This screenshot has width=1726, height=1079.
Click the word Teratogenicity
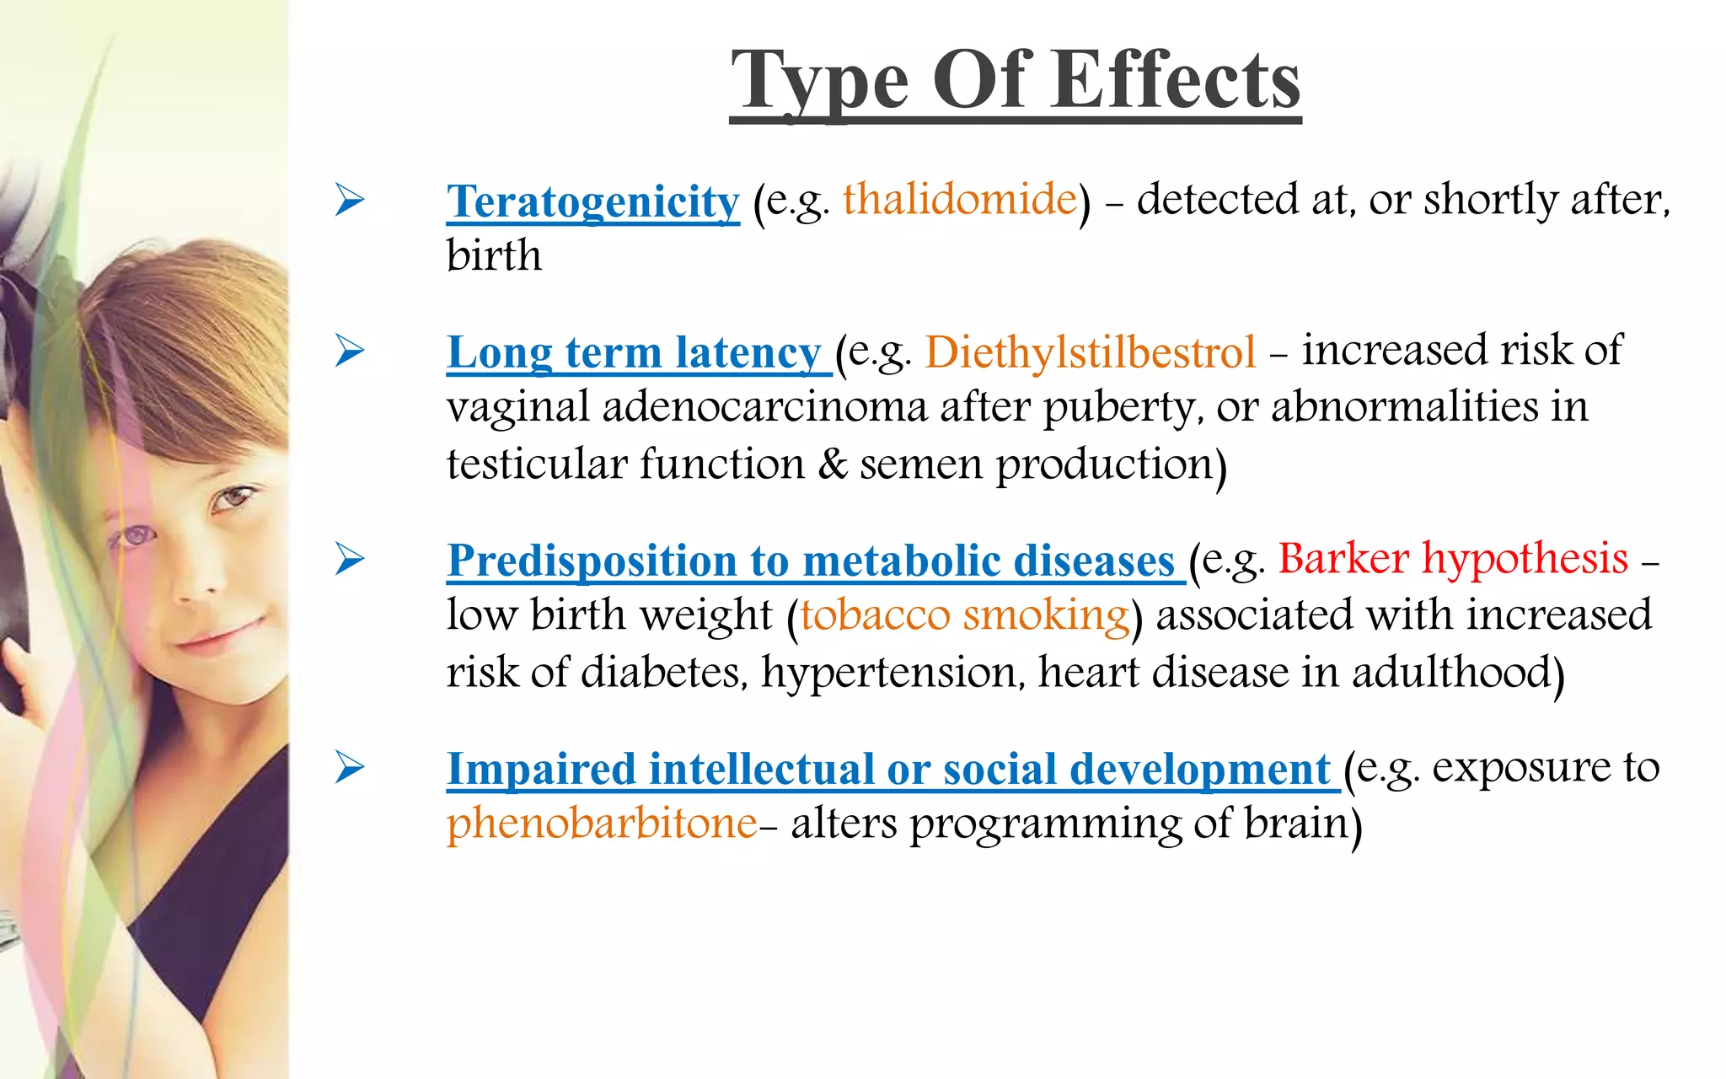point(592,201)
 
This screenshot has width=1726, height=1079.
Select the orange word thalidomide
point(960,199)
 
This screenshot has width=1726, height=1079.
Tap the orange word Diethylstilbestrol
point(1090,352)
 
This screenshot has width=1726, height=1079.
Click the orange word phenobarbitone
point(602,823)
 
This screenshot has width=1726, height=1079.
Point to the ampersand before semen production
point(833,464)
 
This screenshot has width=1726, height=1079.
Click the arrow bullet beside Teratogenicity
point(349,200)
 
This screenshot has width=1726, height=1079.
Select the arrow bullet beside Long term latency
point(349,351)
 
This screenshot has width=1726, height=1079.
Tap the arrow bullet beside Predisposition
point(349,559)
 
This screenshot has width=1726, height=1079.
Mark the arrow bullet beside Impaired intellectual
point(349,767)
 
